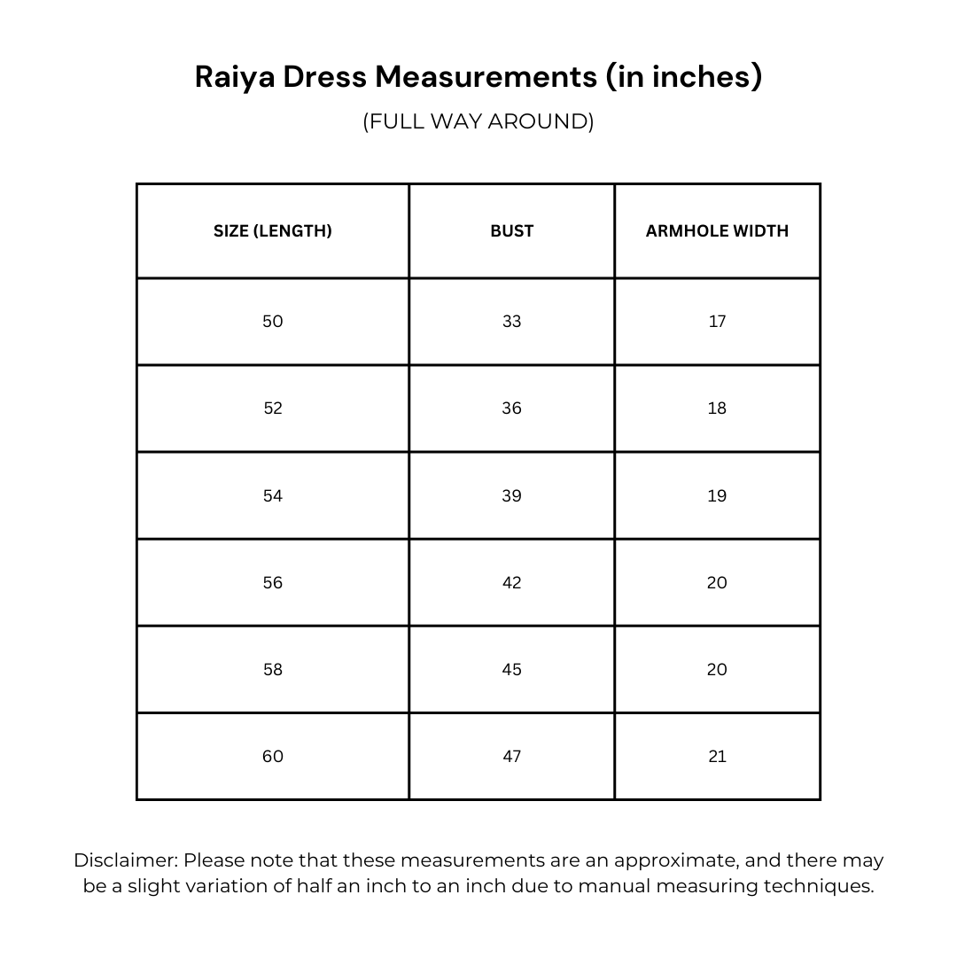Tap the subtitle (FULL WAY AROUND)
pos(478,121)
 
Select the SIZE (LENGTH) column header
pos(273,231)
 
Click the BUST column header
pos(512,231)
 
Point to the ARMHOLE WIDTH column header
pos(717,231)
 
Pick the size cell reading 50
pos(273,322)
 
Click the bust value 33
pos(512,322)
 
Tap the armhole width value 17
pos(717,322)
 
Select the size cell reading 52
pos(273,408)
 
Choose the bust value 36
pos(512,408)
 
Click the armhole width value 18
pos(717,408)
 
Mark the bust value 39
pos(512,496)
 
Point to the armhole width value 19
pos(717,496)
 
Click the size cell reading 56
pos(273,583)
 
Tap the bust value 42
pos(512,583)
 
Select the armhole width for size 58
pos(717,670)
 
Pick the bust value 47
pos(512,757)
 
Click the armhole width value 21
pos(717,757)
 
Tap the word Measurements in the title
pos(486,78)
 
